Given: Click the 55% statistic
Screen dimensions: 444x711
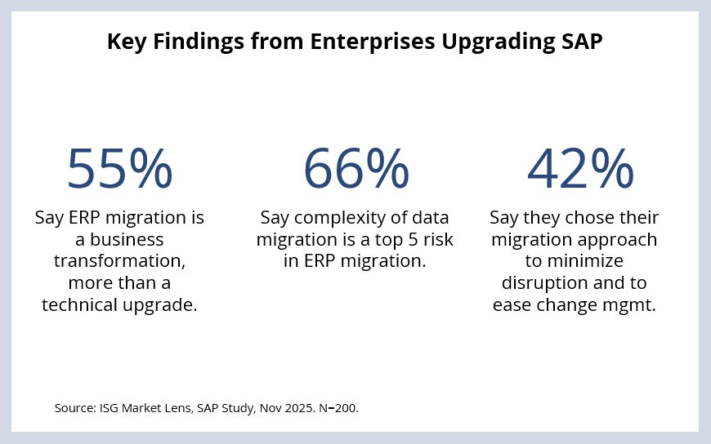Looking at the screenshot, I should pyautogui.click(x=119, y=168).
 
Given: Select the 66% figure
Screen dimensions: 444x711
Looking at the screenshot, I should pyautogui.click(x=355, y=168).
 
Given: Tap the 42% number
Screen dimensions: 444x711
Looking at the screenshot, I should pyautogui.click(x=579, y=168).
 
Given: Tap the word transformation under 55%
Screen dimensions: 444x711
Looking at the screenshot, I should pyautogui.click(x=119, y=261).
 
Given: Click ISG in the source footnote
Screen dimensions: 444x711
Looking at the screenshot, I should pyautogui.click(x=108, y=406).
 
